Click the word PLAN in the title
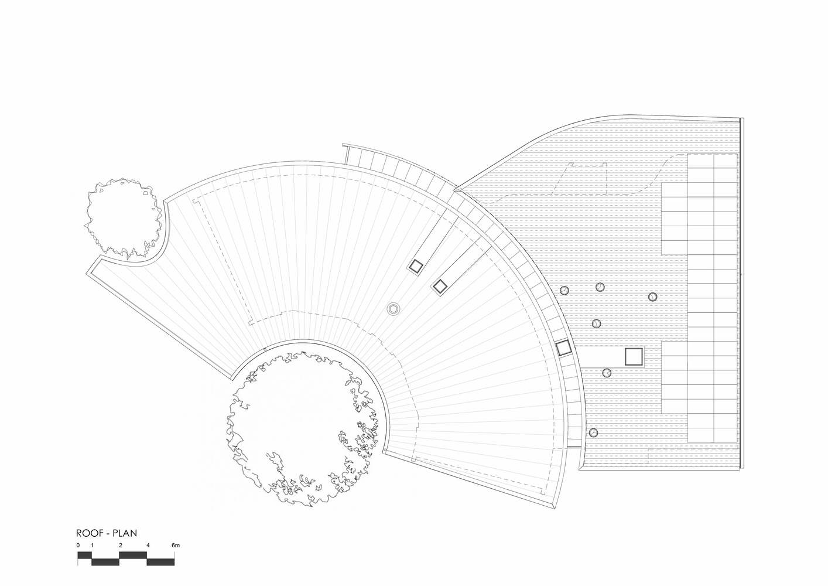pyautogui.click(x=125, y=533)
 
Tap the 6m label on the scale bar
pyautogui.click(x=176, y=546)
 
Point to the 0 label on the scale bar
pyautogui.click(x=78, y=546)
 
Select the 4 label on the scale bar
pyautogui.click(x=148, y=546)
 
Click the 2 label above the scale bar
pyautogui.click(x=121, y=546)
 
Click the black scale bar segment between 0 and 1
pyautogui.click(x=85, y=555)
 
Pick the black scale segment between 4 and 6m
pyautogui.click(x=161, y=562)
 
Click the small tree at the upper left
pyautogui.click(x=123, y=218)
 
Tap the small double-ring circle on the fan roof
pyautogui.click(x=394, y=308)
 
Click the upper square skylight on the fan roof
pyautogui.click(x=416, y=267)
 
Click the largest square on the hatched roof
pyautogui.click(x=634, y=356)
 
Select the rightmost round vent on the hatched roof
pyautogui.click(x=652, y=297)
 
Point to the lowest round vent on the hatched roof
pyautogui.click(x=593, y=432)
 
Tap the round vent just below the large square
pyautogui.click(x=607, y=373)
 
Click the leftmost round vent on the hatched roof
pyautogui.click(x=564, y=291)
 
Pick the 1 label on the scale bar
pyautogui.click(x=92, y=546)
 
